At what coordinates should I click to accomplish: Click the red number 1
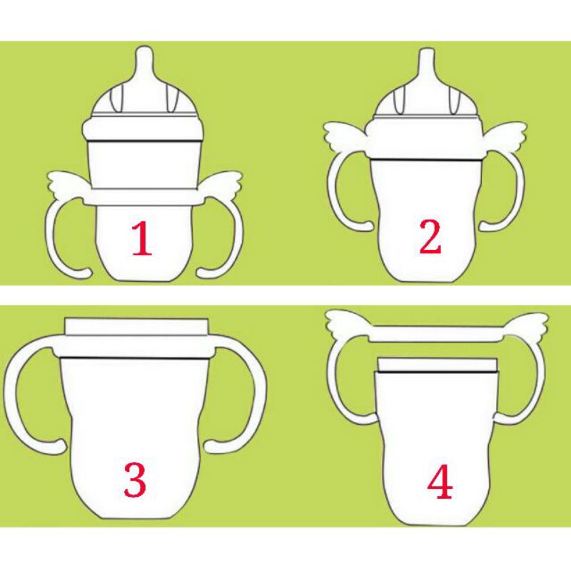[141, 238]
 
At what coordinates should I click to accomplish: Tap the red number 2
[430, 237]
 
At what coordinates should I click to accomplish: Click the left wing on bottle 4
[348, 322]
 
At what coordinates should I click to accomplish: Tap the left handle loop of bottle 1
[50, 237]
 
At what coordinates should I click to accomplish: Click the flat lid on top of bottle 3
[136, 326]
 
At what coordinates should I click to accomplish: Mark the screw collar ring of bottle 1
[144, 129]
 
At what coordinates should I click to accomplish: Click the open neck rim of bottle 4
[438, 365]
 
